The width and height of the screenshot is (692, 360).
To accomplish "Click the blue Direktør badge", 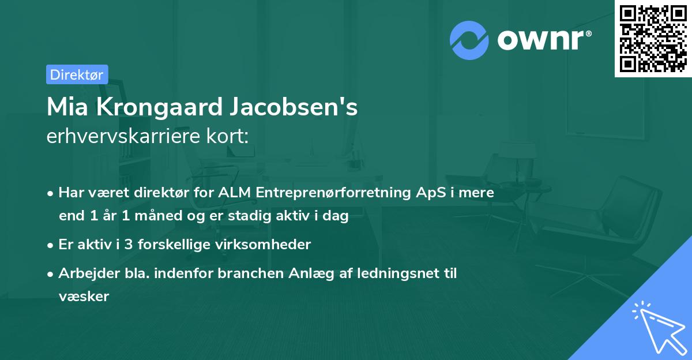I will [77, 74].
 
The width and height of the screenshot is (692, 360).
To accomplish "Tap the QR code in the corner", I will [653, 38].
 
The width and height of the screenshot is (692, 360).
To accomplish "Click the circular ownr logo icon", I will [469, 40].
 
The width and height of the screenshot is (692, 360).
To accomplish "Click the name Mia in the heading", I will [64, 108].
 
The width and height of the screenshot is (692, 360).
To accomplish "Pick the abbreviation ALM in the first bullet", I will [234, 193].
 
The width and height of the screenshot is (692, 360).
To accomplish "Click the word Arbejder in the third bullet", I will [83, 273].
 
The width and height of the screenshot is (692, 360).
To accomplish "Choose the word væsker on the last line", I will [84, 297].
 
